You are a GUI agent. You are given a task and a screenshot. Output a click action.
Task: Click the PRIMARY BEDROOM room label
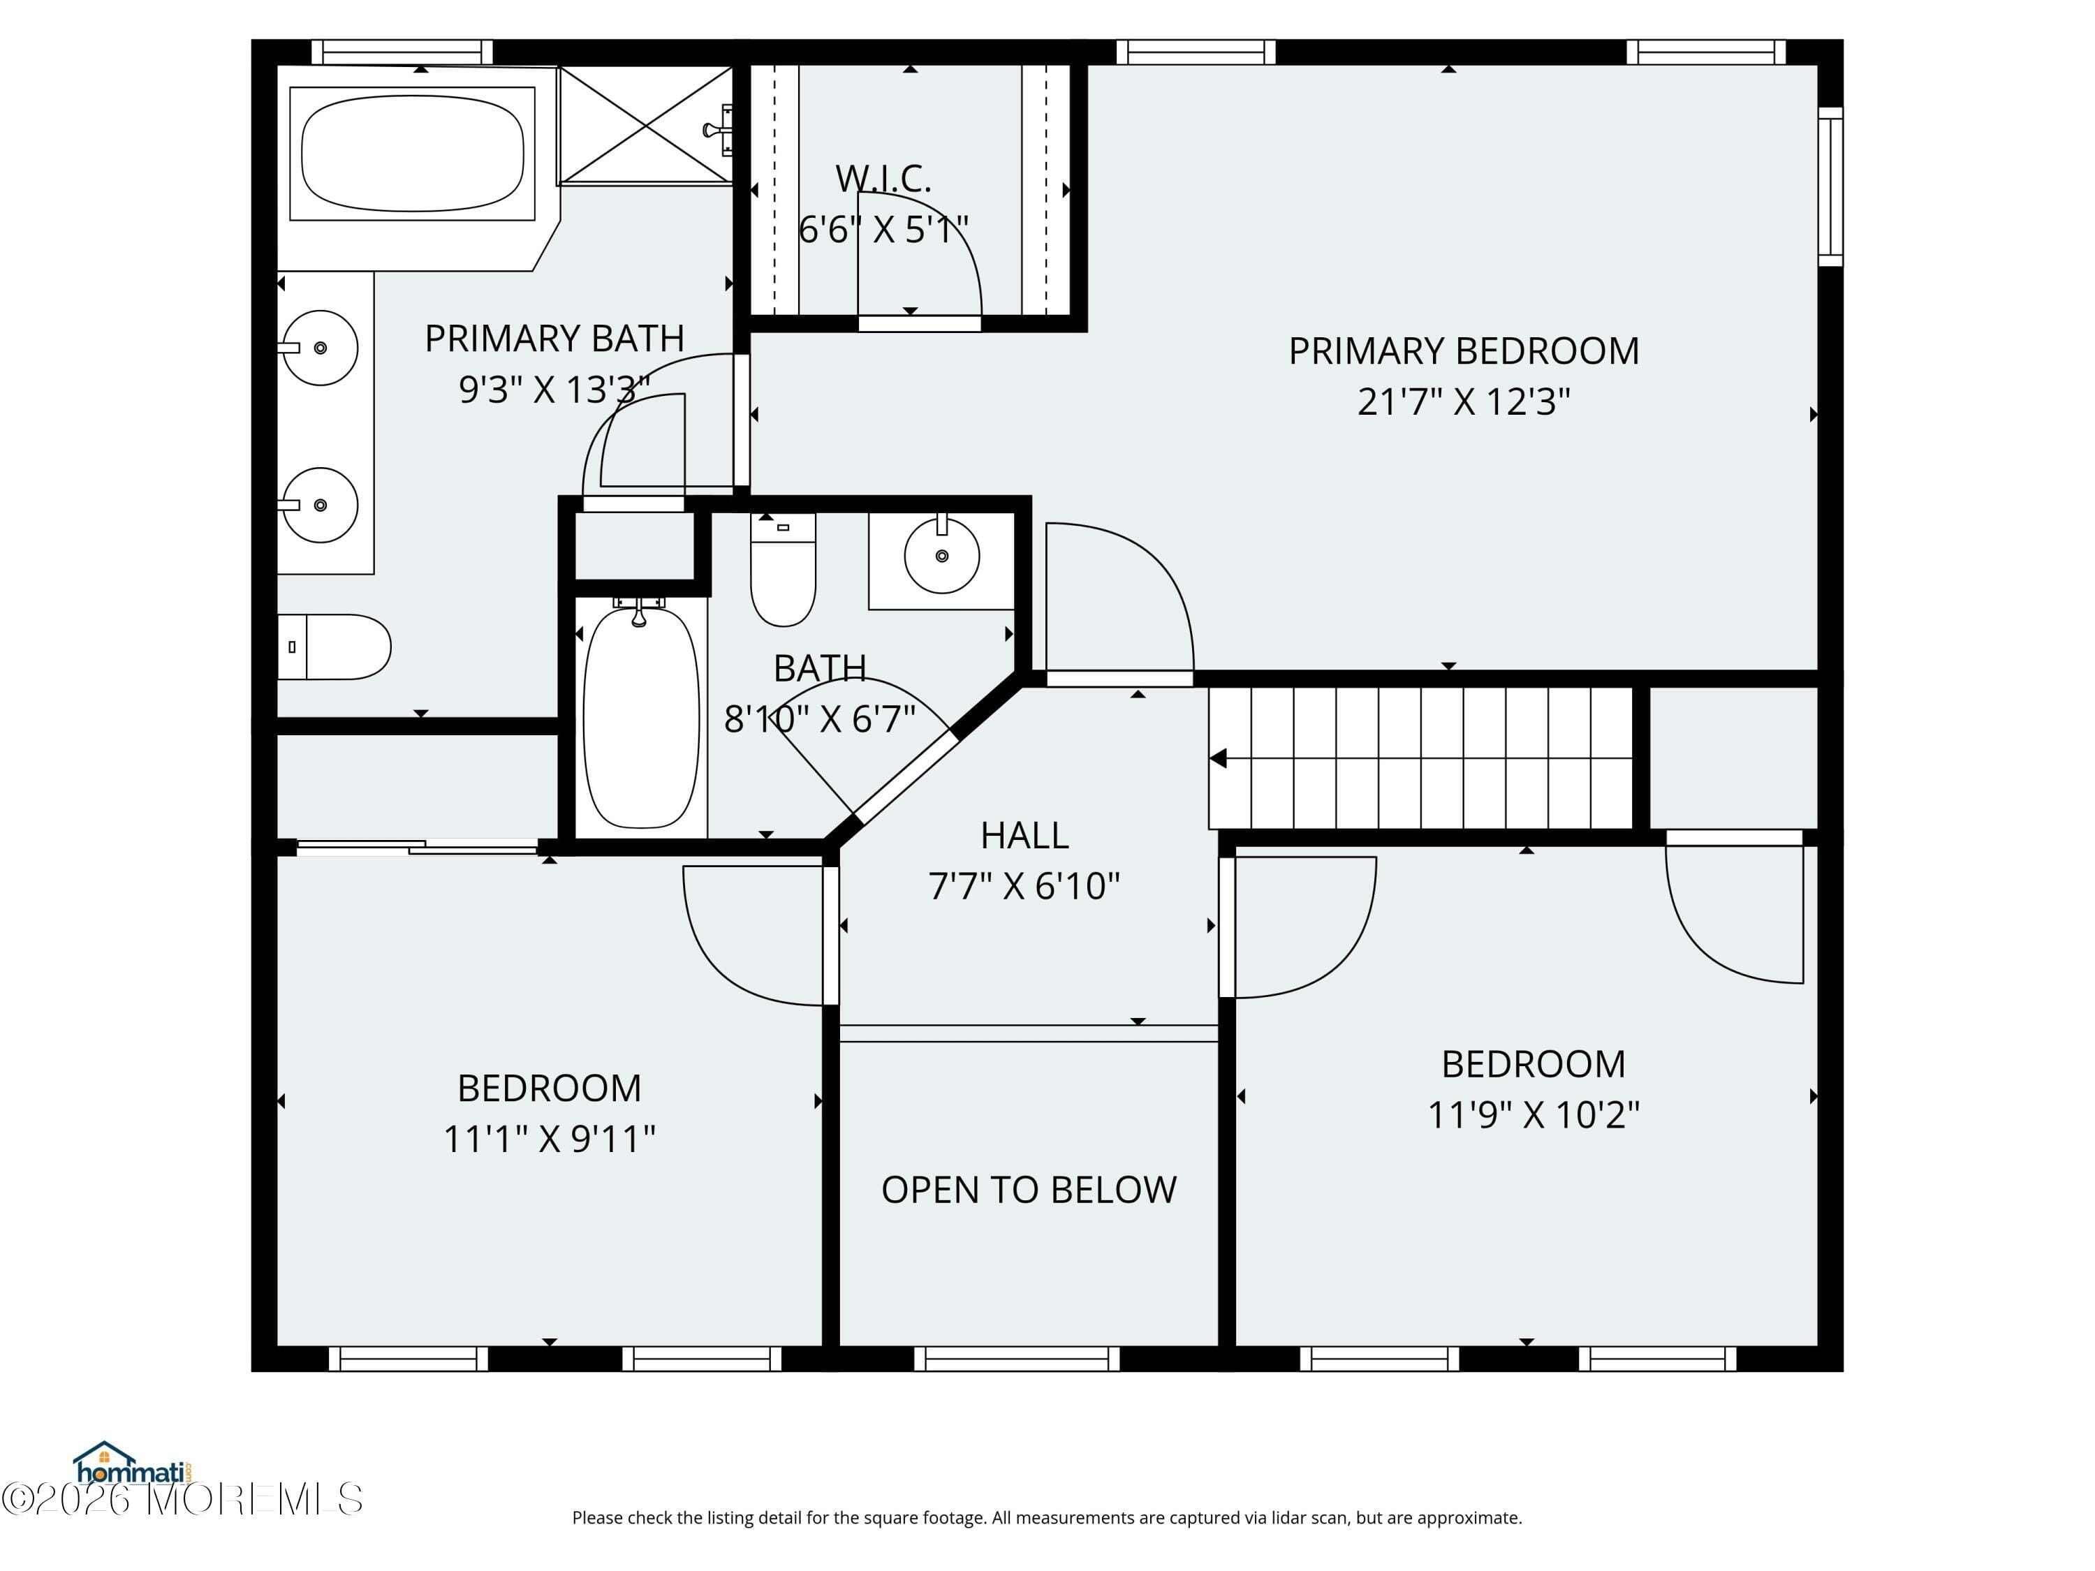(x=1462, y=351)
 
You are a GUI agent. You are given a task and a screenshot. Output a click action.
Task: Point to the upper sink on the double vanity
(x=320, y=348)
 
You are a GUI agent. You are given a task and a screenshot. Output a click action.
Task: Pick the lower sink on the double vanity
(x=320, y=505)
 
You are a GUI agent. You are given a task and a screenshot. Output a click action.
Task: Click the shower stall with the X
(x=646, y=125)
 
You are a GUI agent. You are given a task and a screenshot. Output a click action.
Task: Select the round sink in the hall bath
(x=941, y=556)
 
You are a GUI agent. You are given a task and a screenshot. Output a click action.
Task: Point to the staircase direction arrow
(x=1219, y=758)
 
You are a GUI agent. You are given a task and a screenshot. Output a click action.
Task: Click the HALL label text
(x=1024, y=835)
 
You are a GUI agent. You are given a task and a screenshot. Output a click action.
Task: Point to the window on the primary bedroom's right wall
(x=1830, y=186)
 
